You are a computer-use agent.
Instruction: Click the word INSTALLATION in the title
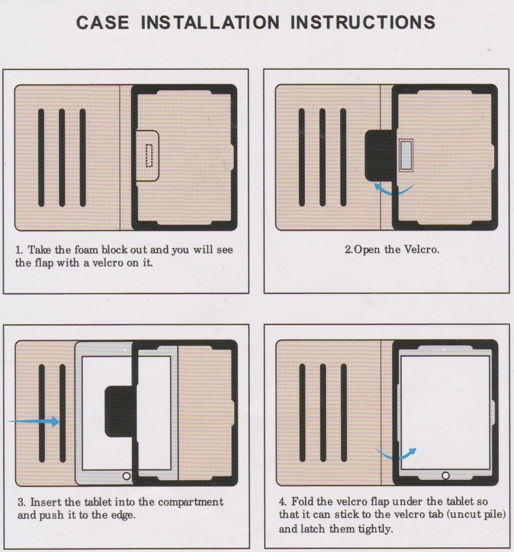tap(210, 22)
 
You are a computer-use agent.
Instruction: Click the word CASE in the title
tap(102, 22)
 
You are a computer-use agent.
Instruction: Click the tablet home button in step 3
tap(127, 477)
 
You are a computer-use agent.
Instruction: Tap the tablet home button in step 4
tap(446, 476)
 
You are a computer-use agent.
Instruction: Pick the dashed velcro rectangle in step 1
tap(149, 155)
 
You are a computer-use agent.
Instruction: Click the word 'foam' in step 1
tap(86, 250)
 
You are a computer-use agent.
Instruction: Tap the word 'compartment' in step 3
tap(191, 502)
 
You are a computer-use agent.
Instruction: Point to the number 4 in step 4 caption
tap(282, 502)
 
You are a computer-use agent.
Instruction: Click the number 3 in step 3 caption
tap(21, 502)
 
